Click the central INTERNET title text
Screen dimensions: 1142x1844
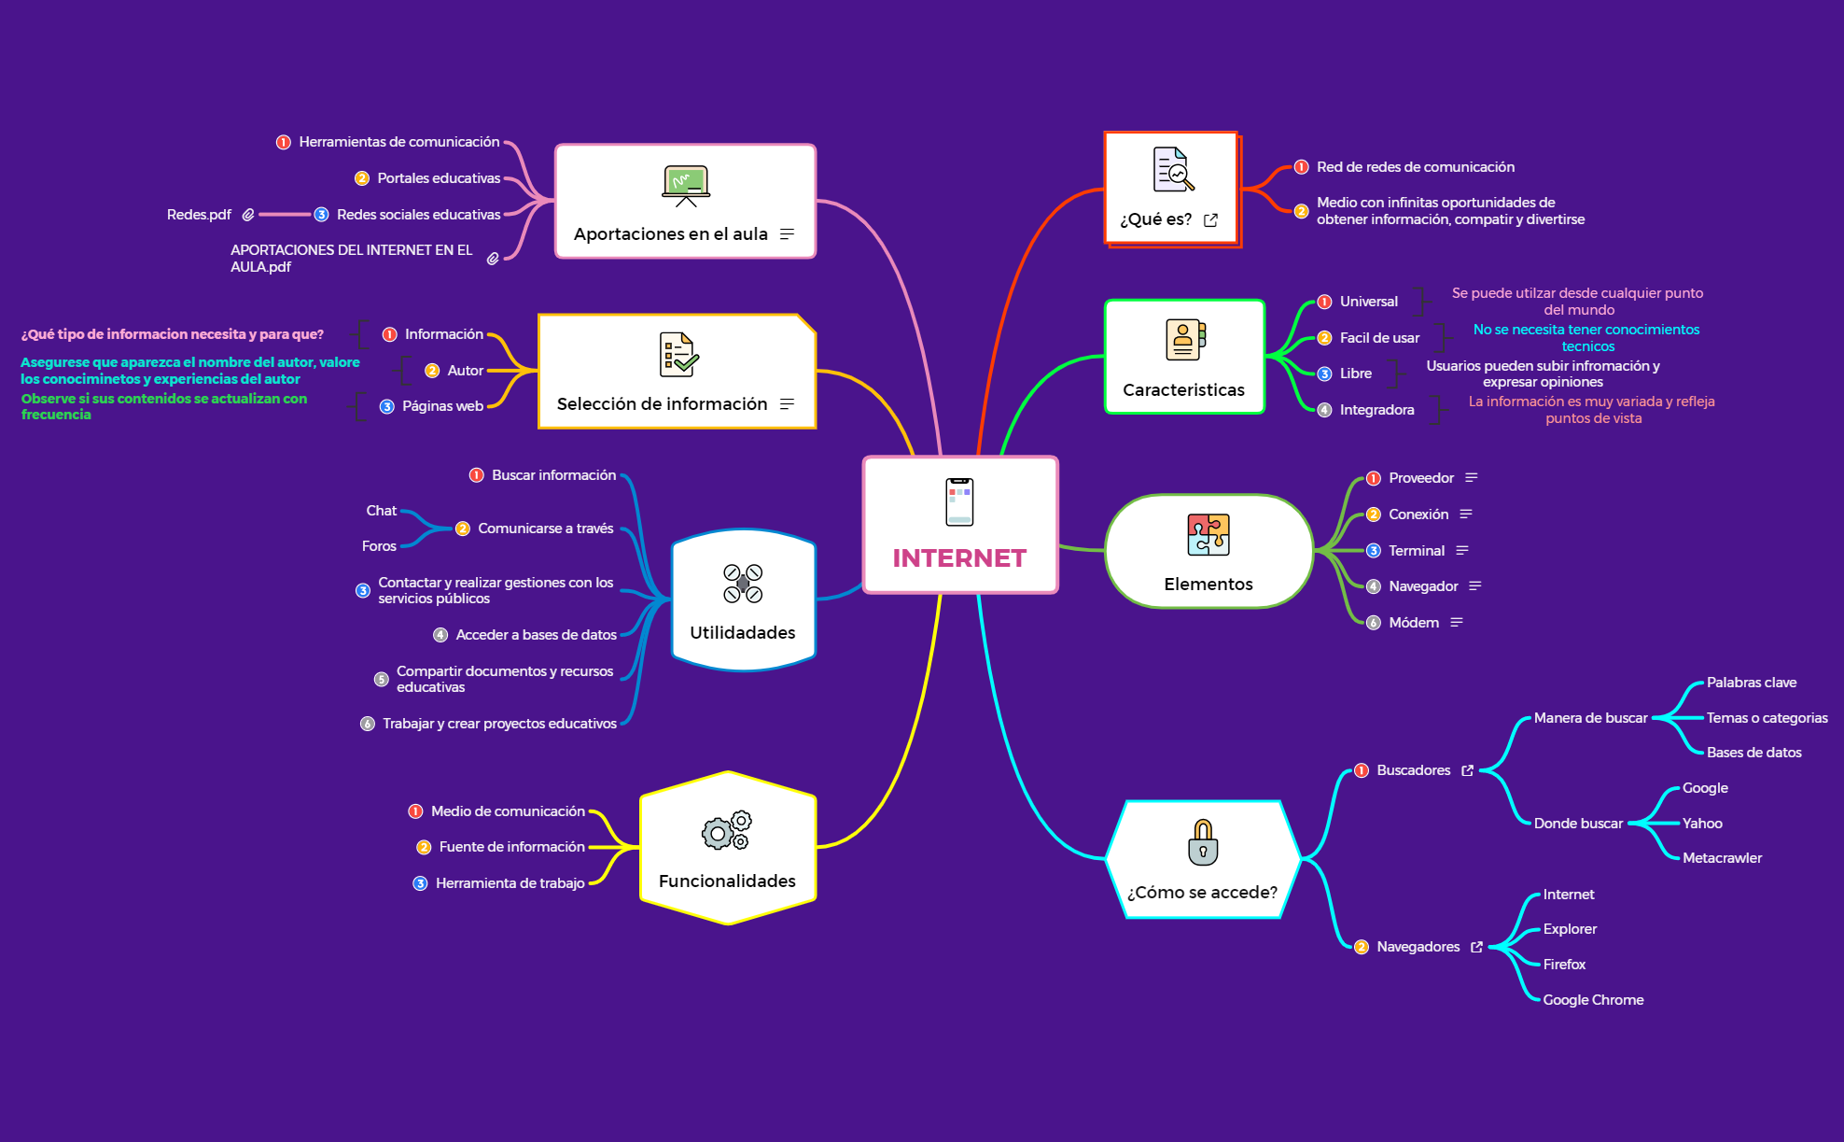[959, 558]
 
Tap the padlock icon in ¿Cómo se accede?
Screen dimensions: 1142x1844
[1203, 842]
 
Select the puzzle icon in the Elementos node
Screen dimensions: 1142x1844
[1208, 535]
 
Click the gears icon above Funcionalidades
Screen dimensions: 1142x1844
[727, 830]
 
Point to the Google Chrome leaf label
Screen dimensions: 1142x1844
[1593, 1000]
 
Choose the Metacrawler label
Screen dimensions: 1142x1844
[1722, 858]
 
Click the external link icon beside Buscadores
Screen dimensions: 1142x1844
[1467, 770]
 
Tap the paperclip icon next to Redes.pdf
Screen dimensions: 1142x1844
[248, 215]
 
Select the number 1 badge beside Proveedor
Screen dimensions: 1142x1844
[1374, 479]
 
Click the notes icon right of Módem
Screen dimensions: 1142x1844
[1457, 623]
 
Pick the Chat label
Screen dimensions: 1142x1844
[381, 511]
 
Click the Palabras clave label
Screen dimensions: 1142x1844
[1751, 683]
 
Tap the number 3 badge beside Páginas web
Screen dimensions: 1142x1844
[387, 407]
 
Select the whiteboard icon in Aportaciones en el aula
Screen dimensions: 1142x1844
[686, 185]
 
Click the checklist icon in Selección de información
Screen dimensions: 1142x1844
[678, 355]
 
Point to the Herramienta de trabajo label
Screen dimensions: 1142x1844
[510, 883]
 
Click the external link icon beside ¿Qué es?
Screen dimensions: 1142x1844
[1211, 220]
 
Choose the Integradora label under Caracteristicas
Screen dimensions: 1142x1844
[1376, 410]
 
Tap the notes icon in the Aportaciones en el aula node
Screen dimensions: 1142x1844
[787, 234]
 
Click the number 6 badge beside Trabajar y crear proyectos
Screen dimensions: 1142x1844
[368, 724]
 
